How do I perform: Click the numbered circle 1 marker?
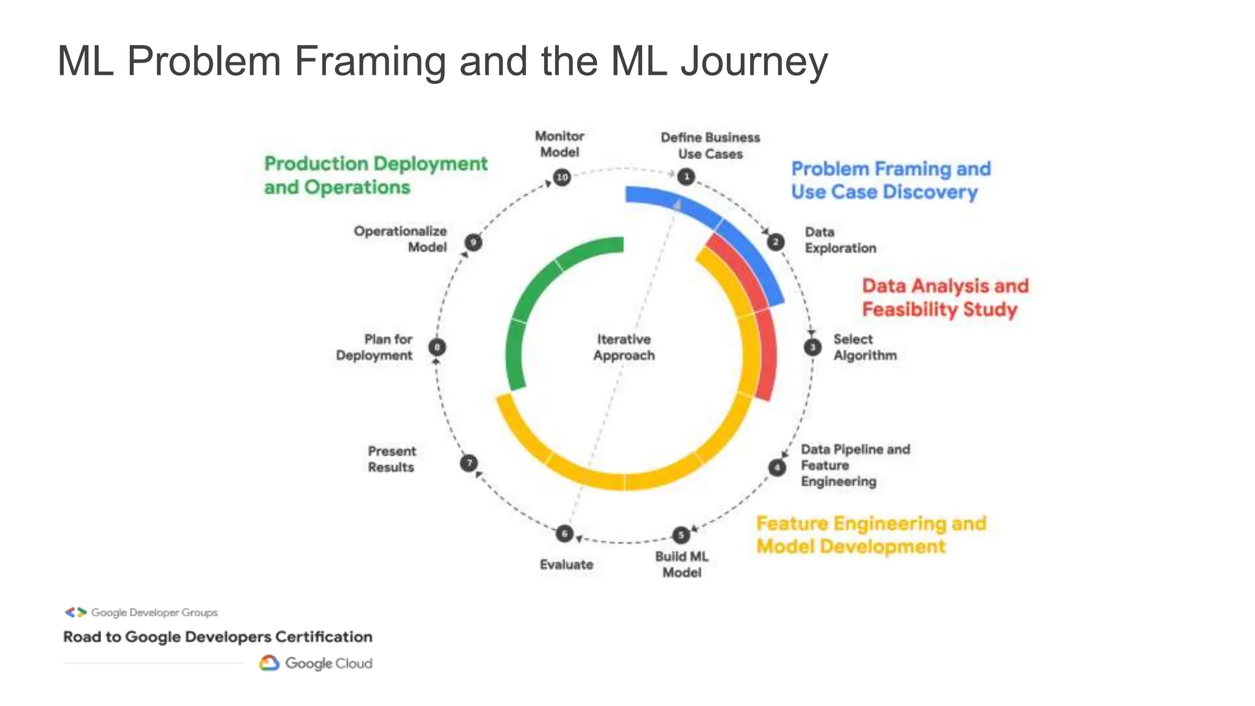click(x=686, y=177)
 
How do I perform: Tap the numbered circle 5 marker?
click(x=681, y=535)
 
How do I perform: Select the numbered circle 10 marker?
click(x=562, y=178)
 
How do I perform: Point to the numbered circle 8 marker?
click(x=437, y=347)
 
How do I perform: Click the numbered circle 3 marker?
click(x=813, y=347)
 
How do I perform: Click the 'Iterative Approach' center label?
click(x=624, y=347)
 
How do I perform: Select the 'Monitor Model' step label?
click(x=559, y=144)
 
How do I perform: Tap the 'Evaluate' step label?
click(x=566, y=564)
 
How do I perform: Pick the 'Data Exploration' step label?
click(x=840, y=240)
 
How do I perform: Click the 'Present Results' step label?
click(x=392, y=459)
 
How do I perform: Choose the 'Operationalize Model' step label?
click(x=400, y=239)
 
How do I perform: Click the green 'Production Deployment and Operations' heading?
click(x=375, y=175)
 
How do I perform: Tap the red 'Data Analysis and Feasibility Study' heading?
click(x=944, y=297)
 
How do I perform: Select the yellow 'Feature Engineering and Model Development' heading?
click(x=871, y=535)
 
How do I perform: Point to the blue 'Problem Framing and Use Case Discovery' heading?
click(x=890, y=180)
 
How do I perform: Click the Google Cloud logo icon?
click(x=269, y=663)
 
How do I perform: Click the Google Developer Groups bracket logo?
click(x=75, y=612)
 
